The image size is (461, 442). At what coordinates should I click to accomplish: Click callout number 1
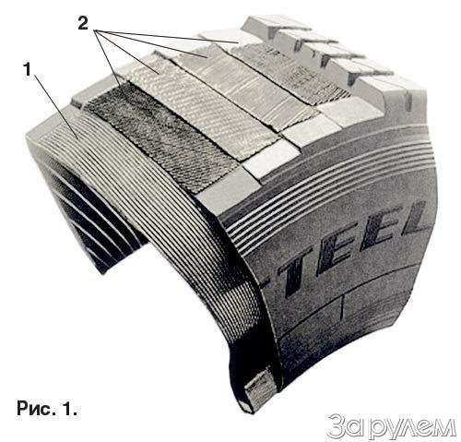(28, 70)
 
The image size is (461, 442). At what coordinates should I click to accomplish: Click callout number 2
(83, 23)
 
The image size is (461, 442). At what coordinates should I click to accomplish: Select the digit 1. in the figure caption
(70, 408)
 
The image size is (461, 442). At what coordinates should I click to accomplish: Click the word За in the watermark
(345, 426)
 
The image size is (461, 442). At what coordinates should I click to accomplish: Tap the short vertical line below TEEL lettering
(341, 305)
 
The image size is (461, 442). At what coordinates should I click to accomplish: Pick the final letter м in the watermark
(444, 428)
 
